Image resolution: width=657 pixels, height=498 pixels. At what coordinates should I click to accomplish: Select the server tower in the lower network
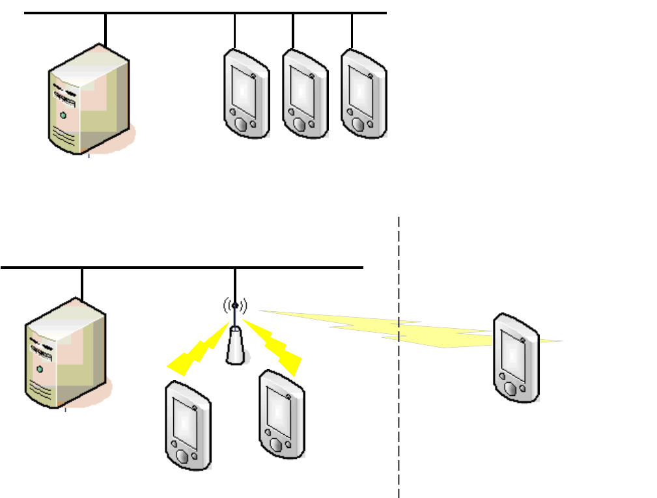pos(65,354)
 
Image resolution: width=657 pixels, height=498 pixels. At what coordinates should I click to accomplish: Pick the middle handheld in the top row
pos(305,94)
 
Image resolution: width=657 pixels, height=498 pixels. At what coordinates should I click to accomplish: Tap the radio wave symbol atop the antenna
pos(235,305)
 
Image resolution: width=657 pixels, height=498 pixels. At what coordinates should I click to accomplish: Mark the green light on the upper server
pos(63,115)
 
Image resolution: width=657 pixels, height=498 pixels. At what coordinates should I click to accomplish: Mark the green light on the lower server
pos(40,369)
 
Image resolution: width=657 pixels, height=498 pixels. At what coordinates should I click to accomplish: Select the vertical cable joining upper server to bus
pos(105,29)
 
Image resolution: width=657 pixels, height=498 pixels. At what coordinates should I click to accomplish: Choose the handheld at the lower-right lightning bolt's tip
pos(282,413)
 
